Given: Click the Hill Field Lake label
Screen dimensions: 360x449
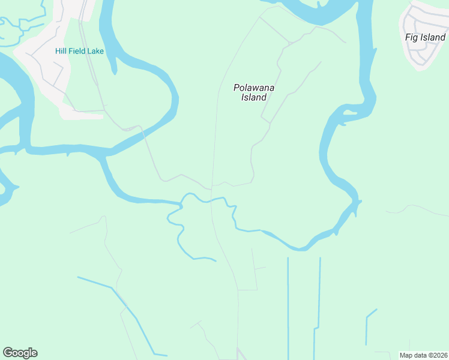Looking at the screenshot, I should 79,51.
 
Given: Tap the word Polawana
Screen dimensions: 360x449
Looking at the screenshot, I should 254,88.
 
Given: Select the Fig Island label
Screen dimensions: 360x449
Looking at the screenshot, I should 425,37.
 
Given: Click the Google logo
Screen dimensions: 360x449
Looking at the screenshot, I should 20,352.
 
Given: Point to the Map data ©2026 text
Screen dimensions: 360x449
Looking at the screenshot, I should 424,355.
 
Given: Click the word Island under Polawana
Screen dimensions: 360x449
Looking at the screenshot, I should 254,97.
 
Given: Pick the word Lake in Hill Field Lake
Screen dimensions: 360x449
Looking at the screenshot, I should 95,51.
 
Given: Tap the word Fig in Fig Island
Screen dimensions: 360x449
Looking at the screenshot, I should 412,37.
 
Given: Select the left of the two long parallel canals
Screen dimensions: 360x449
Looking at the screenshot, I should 288,306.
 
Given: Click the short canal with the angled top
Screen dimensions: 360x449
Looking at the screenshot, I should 367,327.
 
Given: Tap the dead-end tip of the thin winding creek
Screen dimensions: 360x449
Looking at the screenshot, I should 214,260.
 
